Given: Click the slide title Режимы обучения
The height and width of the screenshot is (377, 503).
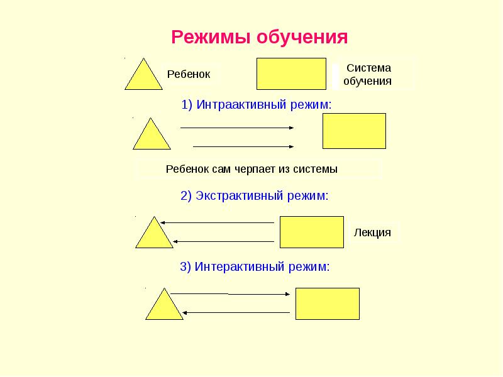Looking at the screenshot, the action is click(x=260, y=36).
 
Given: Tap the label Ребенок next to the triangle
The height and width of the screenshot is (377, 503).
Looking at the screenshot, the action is click(x=188, y=74).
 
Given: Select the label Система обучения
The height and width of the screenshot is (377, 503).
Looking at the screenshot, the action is click(x=368, y=74).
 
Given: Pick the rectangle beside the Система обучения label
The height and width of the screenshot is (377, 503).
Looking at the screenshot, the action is click(x=291, y=74).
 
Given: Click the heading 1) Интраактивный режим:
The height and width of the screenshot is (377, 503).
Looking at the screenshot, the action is click(x=256, y=105).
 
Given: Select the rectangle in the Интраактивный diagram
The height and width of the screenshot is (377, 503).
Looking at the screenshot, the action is click(x=354, y=131).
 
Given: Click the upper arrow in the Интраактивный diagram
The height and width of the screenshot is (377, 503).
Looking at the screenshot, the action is click(x=237, y=128).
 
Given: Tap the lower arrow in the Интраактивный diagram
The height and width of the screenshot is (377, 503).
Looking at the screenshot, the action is click(x=243, y=146).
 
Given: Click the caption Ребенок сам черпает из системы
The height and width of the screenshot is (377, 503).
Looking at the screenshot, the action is click(x=251, y=169).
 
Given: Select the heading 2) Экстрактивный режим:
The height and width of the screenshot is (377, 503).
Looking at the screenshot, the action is click(x=255, y=196).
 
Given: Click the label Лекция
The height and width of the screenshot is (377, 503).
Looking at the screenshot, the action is click(x=372, y=232).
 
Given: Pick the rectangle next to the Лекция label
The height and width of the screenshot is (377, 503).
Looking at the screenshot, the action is click(x=311, y=232).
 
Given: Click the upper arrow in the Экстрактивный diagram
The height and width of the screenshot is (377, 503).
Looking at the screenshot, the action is click(x=217, y=222).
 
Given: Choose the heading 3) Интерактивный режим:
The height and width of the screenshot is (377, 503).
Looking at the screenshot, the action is click(x=255, y=267).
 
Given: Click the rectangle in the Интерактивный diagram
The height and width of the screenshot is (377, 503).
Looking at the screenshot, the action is click(x=328, y=303).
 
